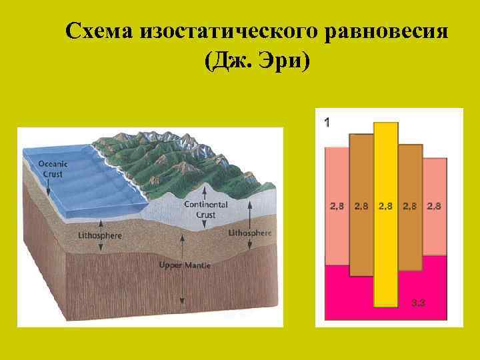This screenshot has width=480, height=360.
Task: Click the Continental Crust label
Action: click(x=206, y=209)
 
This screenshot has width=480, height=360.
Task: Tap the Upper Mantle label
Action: click(x=185, y=265)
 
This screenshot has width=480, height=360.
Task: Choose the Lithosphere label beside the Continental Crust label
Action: click(x=250, y=233)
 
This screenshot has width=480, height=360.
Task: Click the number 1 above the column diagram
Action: click(x=327, y=122)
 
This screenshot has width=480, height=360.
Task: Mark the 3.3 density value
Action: click(x=419, y=303)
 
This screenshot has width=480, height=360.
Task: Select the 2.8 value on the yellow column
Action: click(x=386, y=206)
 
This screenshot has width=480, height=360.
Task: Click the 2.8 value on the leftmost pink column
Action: click(x=337, y=206)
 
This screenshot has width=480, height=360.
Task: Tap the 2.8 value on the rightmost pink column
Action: click(x=434, y=206)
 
